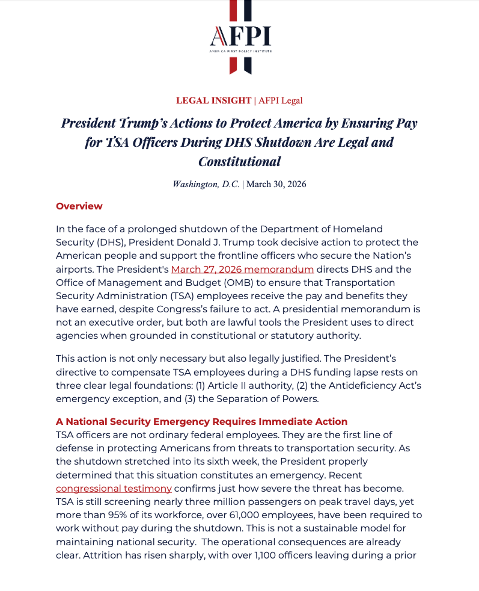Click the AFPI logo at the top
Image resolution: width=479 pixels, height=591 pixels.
240,37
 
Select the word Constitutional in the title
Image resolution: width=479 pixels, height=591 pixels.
239,161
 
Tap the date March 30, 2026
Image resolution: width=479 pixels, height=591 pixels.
276,184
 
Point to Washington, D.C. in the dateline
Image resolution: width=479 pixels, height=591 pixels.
206,184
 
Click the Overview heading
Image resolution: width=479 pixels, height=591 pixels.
79,206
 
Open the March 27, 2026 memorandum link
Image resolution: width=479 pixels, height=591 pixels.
242,269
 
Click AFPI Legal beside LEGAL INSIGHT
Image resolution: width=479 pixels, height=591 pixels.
281,101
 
